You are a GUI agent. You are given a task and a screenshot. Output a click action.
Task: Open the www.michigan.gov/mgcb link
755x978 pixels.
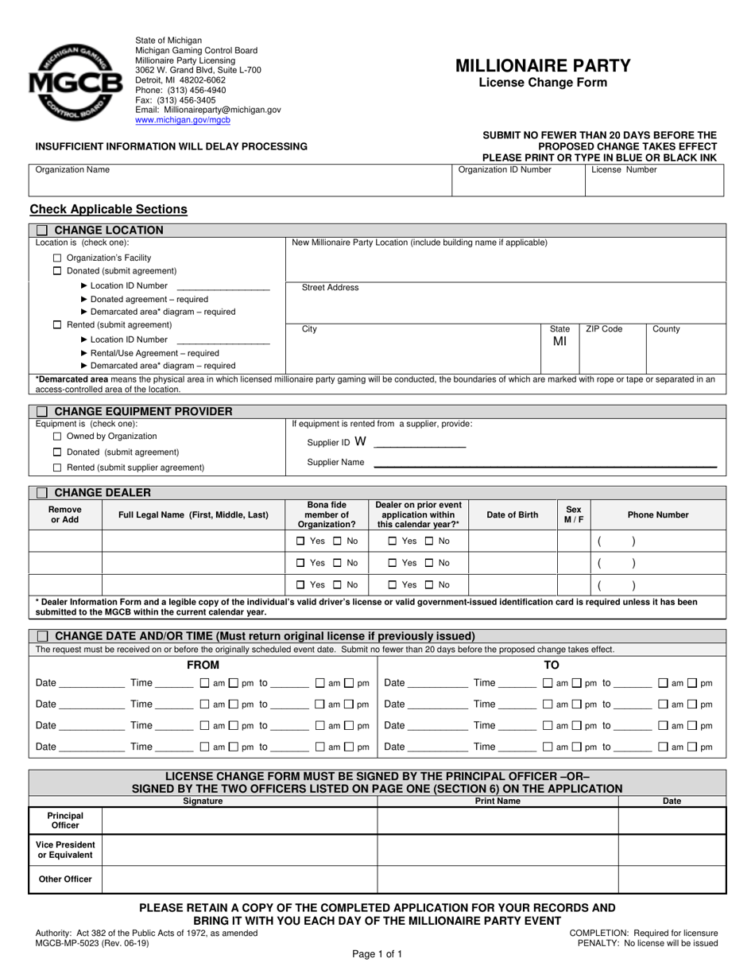[x=183, y=120]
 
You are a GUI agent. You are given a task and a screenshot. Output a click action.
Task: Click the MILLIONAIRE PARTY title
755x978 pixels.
[x=543, y=66]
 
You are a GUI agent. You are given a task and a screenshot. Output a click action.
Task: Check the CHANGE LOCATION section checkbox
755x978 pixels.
[x=42, y=231]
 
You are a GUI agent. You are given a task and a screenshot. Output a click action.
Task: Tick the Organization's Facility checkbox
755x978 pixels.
[x=57, y=258]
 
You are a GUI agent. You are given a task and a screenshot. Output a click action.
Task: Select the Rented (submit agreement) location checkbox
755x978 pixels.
[x=57, y=324]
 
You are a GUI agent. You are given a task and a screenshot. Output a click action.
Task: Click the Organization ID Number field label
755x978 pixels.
[x=505, y=169]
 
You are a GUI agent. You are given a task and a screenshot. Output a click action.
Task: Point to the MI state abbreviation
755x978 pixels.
[x=559, y=342]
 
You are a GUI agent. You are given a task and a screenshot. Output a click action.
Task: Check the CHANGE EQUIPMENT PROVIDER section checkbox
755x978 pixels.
[x=42, y=411]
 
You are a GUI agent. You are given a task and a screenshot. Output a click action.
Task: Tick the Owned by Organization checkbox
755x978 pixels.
[x=57, y=437]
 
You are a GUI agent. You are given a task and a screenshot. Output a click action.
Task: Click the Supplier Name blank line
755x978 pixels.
[x=544, y=464]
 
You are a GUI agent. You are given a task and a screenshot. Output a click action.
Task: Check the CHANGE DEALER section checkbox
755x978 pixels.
[x=42, y=493]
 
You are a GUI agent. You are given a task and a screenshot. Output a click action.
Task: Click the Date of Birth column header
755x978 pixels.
[x=512, y=515]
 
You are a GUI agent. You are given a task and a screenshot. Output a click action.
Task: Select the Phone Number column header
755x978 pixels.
[x=658, y=515]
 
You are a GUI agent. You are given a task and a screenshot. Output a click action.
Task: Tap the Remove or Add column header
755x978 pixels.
[x=65, y=515]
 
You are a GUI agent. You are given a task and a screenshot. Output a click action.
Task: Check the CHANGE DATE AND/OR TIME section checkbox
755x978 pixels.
[x=42, y=636]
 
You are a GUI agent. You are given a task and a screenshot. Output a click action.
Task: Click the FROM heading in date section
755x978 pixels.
[x=203, y=665]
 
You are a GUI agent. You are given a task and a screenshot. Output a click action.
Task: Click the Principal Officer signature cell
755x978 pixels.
[x=239, y=821]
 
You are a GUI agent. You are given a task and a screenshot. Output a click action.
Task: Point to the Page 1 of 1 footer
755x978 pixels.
[x=377, y=953]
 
